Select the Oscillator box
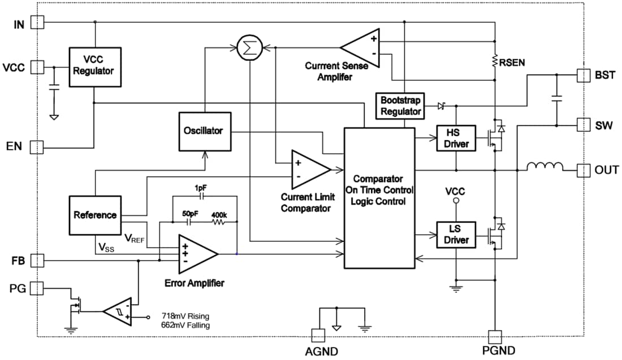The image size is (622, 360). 205,131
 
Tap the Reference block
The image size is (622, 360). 94,215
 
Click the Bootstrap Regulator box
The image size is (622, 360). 400,106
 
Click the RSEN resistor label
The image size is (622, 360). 513,63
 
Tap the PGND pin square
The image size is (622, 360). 495,336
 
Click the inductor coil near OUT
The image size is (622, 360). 545,167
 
